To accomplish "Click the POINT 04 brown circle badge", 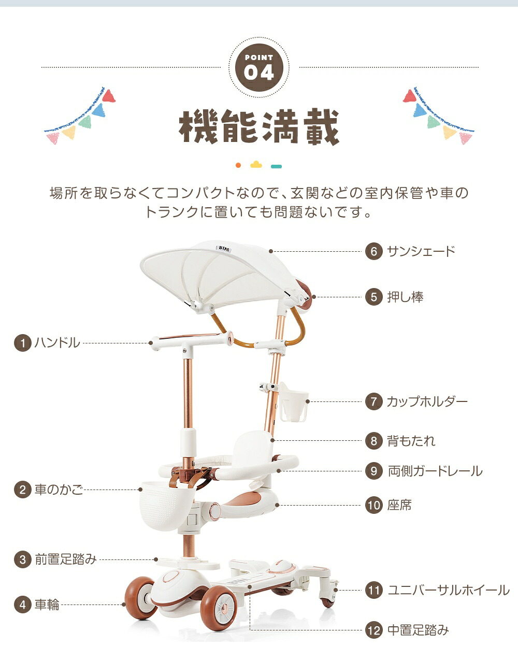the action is click(259, 68).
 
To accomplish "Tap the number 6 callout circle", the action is click(374, 251).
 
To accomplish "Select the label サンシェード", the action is click(421, 251).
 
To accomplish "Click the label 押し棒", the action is click(405, 297).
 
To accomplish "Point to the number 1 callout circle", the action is click(23, 343).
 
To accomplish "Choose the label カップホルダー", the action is click(427, 401).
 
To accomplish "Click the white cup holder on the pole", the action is click(293, 401).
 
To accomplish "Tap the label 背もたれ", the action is click(411, 441).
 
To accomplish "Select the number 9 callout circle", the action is click(374, 471).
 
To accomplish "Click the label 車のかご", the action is click(59, 490).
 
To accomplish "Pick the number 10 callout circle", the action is click(374, 505).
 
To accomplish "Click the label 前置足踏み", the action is click(66, 559).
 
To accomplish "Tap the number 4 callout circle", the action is click(23, 605).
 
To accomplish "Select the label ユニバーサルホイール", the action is click(449, 590).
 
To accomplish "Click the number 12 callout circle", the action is click(374, 630).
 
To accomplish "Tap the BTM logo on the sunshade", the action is click(224, 248).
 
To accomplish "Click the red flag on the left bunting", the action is click(109, 96).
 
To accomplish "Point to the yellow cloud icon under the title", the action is click(256, 164).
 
